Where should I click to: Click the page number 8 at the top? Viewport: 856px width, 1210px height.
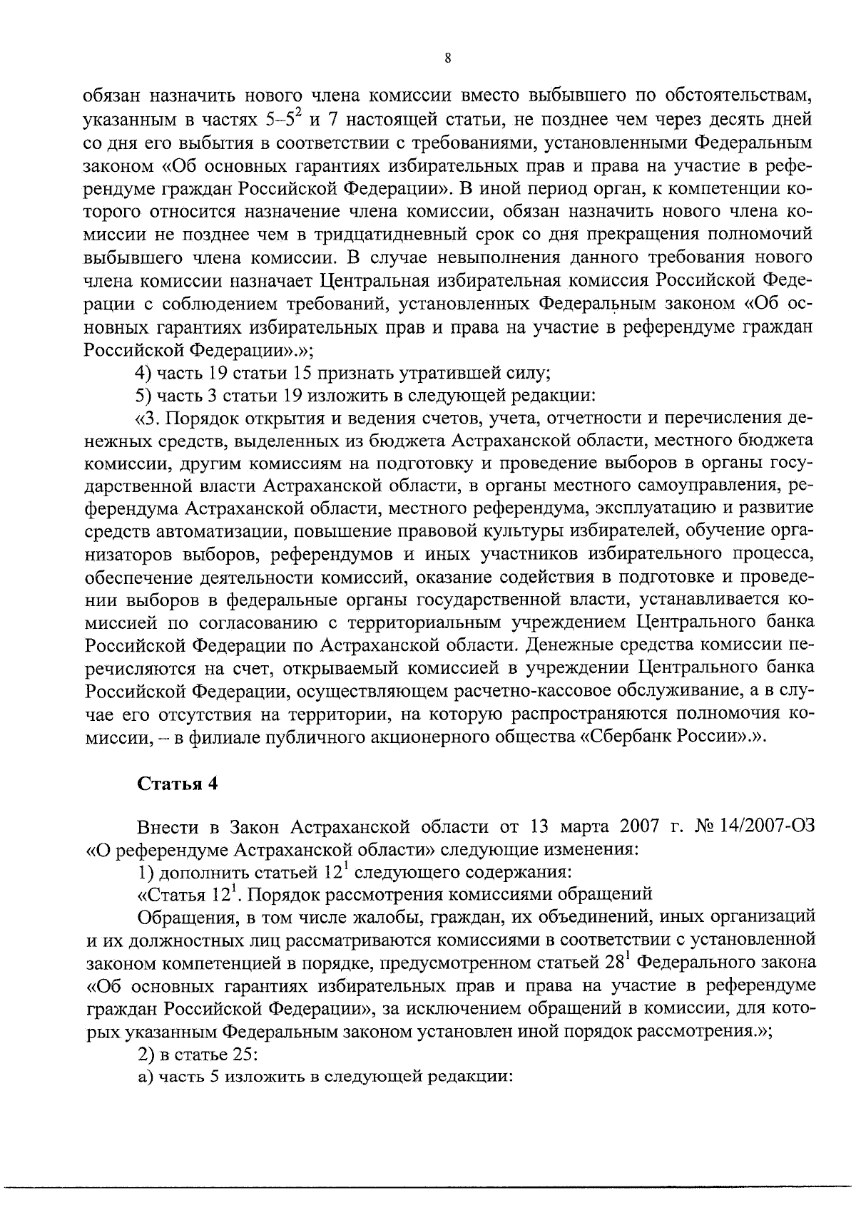447,59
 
